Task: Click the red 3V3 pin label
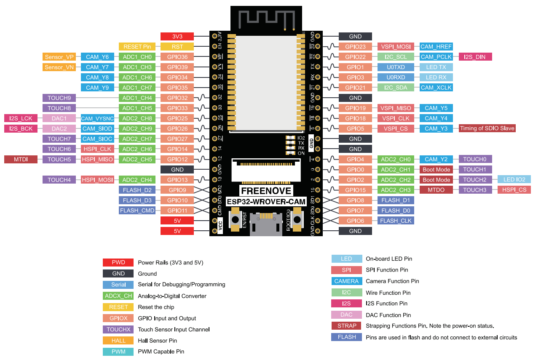(x=177, y=37)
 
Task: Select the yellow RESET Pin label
(x=137, y=47)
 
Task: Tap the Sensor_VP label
(x=59, y=57)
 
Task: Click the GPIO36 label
(x=177, y=57)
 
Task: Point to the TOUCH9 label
(x=59, y=98)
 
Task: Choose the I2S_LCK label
(x=21, y=118)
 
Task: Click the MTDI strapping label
(x=21, y=159)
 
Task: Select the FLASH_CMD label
(x=137, y=211)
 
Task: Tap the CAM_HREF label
(x=436, y=47)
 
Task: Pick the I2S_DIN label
(x=475, y=57)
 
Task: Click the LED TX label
(x=436, y=67)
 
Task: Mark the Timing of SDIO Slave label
(x=487, y=128)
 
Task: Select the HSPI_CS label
(x=514, y=190)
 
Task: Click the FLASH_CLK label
(x=396, y=221)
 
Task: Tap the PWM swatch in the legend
(x=118, y=352)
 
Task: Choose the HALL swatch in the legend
(x=118, y=341)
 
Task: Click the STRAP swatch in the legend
(x=346, y=326)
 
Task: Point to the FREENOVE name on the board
(x=266, y=191)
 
